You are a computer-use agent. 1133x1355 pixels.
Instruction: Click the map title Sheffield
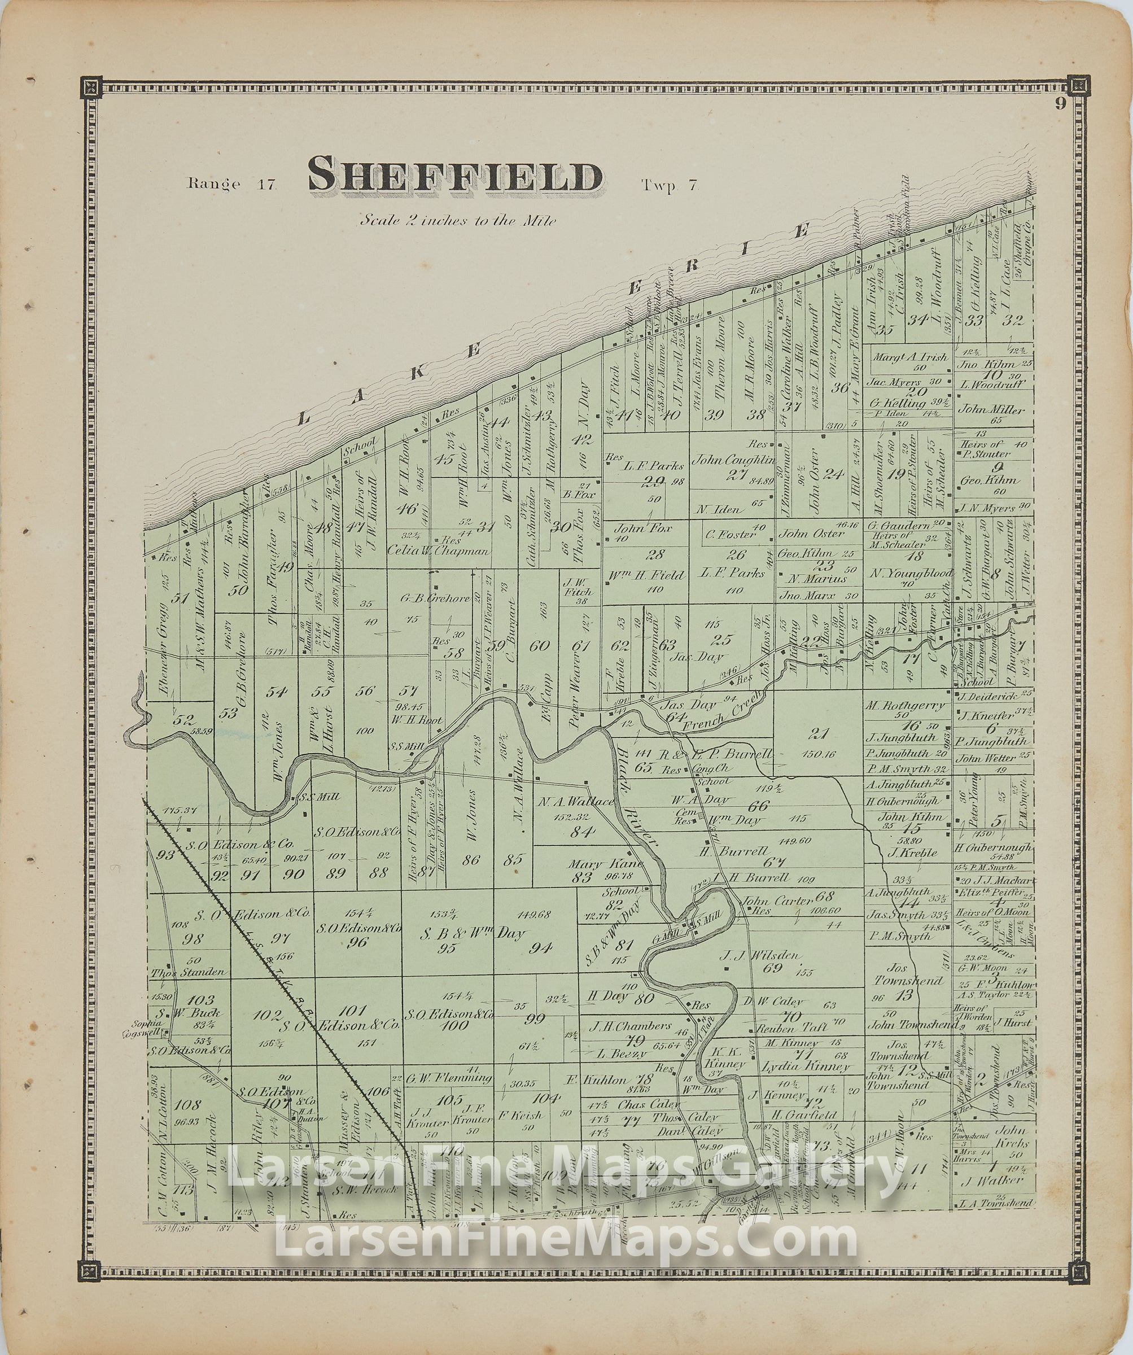(x=455, y=176)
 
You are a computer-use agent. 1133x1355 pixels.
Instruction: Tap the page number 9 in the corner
(x=1061, y=104)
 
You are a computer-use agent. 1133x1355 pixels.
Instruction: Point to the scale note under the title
(x=457, y=220)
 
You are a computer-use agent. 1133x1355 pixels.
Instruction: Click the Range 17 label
(x=231, y=184)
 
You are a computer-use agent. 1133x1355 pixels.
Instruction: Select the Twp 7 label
(x=669, y=186)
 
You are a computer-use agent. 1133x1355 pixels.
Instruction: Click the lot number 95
(x=447, y=948)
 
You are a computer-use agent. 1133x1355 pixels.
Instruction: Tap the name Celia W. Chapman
(x=439, y=550)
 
